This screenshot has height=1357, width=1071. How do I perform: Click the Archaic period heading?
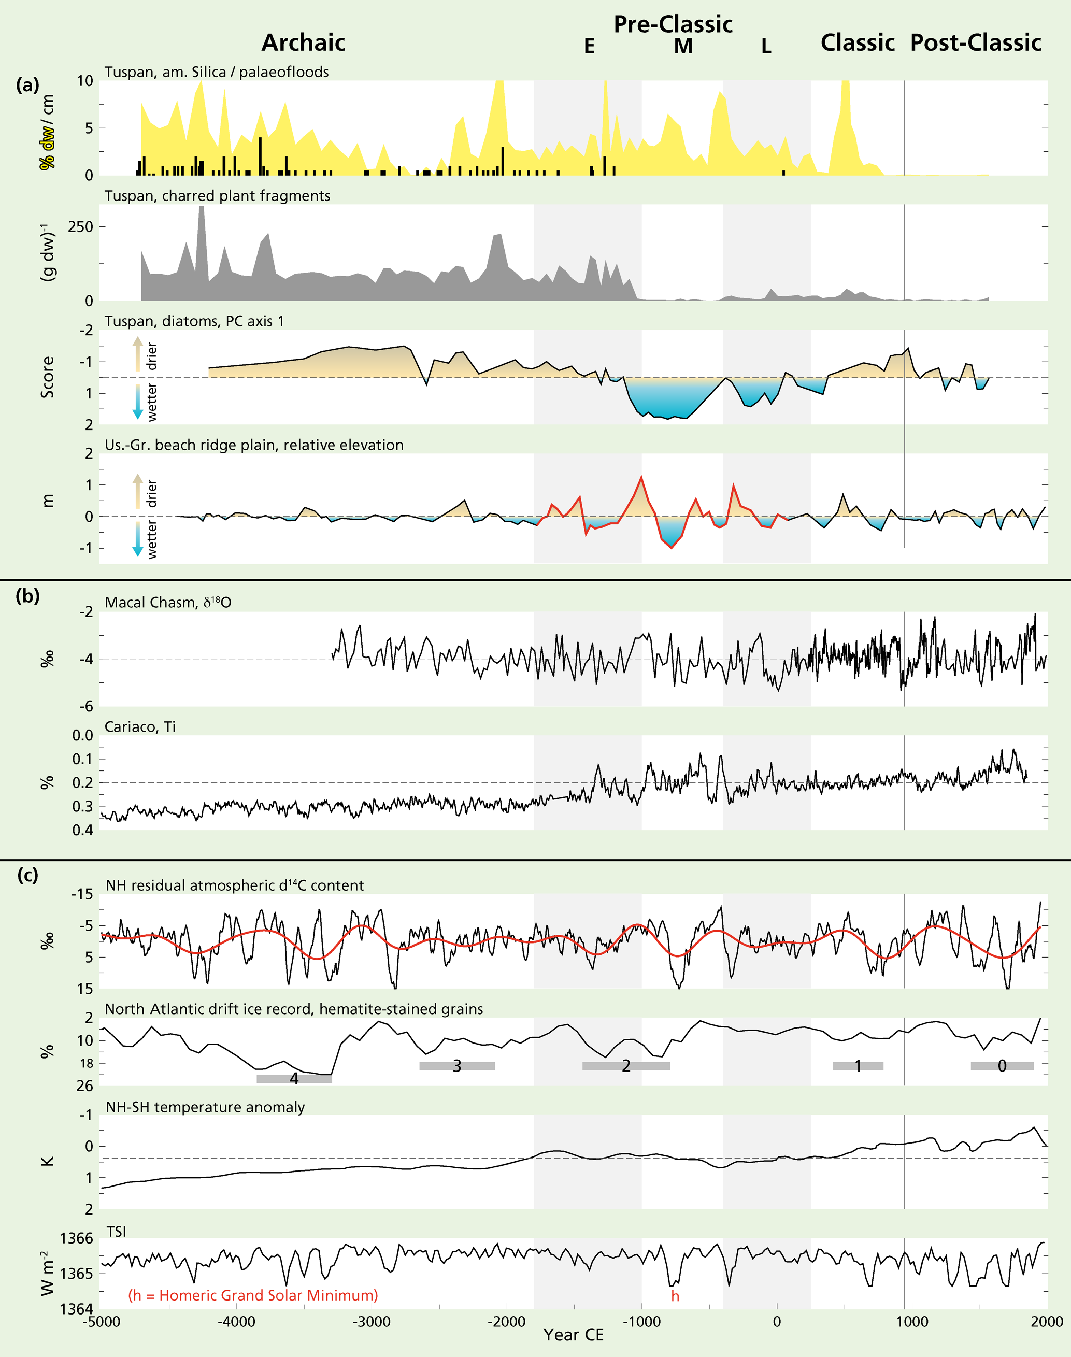coord(303,42)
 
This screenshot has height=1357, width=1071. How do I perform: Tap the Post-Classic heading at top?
coord(975,42)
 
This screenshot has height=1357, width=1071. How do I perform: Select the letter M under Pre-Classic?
coord(683,47)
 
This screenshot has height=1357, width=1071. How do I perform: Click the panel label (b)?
coord(27,596)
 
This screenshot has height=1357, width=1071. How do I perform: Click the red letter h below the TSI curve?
coord(675,1296)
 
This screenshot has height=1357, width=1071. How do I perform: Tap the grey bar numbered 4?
coord(294,1079)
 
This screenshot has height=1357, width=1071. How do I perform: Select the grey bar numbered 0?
coord(1002,1066)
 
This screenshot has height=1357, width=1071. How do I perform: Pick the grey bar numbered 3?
coord(457,1066)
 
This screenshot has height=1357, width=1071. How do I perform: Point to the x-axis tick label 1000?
coord(912,1322)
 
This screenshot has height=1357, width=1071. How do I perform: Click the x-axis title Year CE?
coord(573,1335)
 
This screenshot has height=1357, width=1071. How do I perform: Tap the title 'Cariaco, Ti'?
coord(140,727)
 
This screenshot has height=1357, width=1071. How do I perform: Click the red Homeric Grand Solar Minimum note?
coord(253,1295)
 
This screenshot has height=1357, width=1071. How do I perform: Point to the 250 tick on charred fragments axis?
coord(80,227)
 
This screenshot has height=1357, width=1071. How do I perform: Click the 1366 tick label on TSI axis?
coord(77,1238)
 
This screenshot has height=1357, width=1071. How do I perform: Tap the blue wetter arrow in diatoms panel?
coord(137,402)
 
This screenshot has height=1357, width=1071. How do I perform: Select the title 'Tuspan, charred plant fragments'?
coord(217,196)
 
